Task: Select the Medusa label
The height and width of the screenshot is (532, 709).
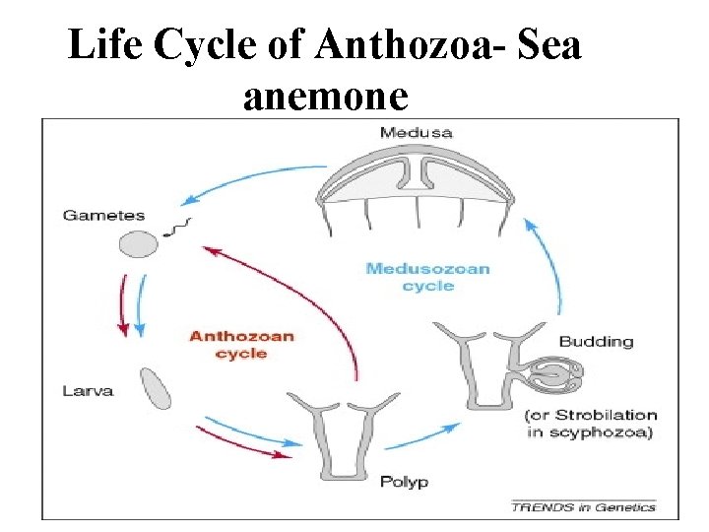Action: click(x=417, y=132)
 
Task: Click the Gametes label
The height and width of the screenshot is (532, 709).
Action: click(x=103, y=215)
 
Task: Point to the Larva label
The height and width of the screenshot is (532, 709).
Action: click(x=88, y=390)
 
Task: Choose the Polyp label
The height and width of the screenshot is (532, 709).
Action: click(x=404, y=482)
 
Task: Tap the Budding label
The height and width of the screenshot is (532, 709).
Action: click(x=596, y=342)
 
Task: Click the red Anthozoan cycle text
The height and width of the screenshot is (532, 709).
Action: click(x=241, y=344)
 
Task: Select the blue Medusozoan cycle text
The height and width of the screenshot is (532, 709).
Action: click(x=427, y=276)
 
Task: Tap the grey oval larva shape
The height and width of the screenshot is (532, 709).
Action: click(x=156, y=387)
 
